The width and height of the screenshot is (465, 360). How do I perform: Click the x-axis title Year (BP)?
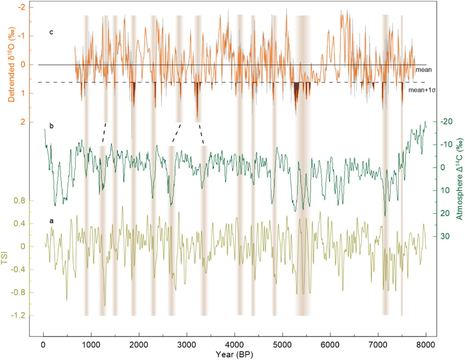(235, 354)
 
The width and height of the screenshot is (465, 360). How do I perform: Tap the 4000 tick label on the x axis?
(235, 344)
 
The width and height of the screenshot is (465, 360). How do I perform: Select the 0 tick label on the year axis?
(43, 344)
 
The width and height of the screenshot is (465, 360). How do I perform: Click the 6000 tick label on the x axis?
(330, 344)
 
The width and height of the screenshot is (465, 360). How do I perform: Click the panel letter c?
(51, 32)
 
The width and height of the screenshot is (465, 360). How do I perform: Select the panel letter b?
(51, 126)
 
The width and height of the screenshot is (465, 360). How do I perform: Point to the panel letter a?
(51, 220)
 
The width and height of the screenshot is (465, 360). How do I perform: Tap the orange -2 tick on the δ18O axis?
(21, 8)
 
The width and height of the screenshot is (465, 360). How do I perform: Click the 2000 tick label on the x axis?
(139, 344)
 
